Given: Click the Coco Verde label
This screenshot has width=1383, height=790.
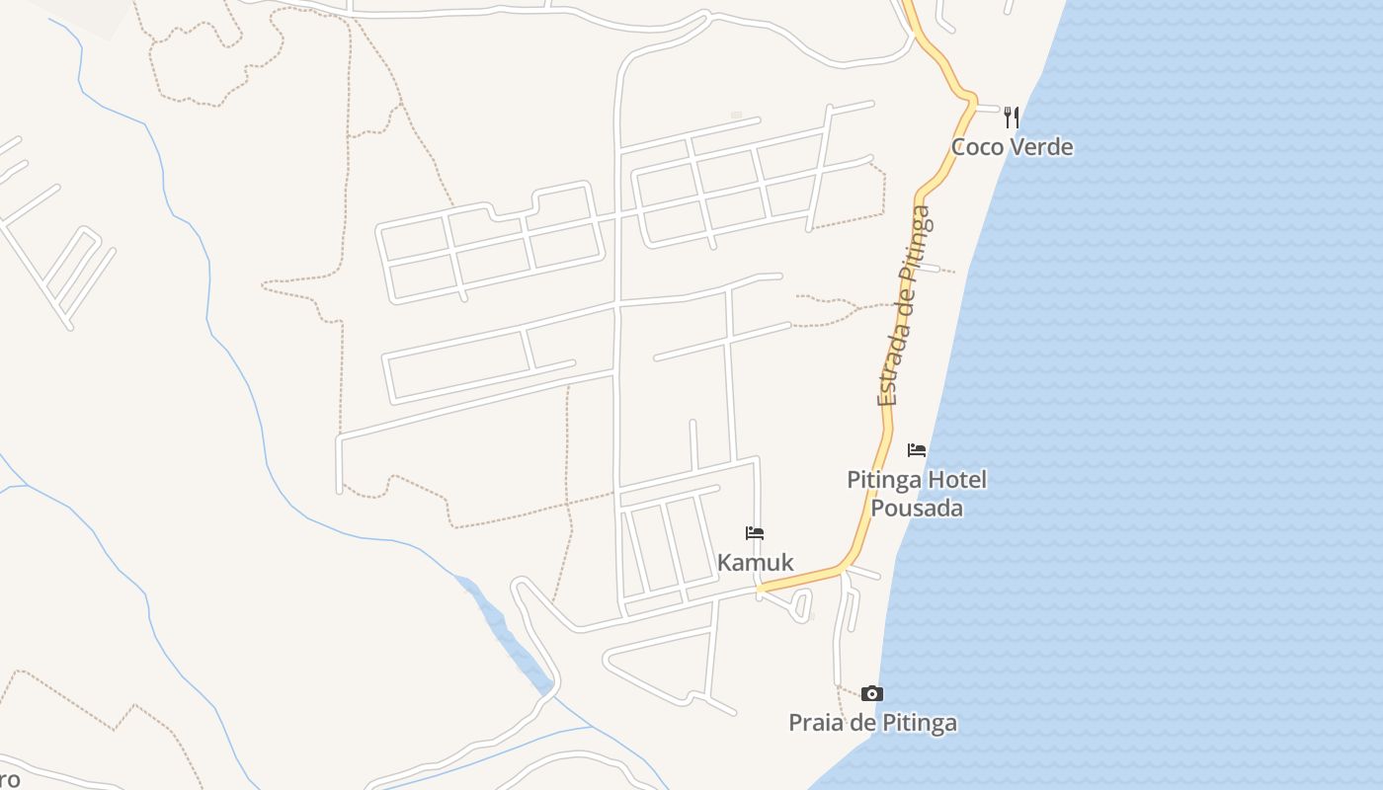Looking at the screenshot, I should coord(1012,147).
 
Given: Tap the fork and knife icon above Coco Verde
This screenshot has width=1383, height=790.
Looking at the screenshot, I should coord(1011,118).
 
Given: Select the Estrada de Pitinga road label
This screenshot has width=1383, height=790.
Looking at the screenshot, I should coord(904,306).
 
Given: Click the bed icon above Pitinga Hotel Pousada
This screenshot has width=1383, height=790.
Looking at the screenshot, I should coord(917,450).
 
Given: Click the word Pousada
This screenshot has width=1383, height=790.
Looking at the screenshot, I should coord(917,508).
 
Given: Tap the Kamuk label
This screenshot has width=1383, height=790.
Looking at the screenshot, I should coord(755,563).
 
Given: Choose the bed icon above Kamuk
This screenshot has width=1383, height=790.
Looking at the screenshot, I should coord(755,533).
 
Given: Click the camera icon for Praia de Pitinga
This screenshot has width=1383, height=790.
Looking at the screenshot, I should coord(871,693).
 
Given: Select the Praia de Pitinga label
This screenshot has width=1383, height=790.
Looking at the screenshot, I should coord(872,723).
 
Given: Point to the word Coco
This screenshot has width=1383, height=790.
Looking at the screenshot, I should coord(974,147).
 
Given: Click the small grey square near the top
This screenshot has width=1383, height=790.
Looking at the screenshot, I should coord(736,116).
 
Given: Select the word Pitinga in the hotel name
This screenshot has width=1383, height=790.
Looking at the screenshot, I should coord(885,481).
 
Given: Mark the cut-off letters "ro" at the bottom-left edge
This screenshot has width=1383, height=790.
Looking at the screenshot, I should coord(10,780).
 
